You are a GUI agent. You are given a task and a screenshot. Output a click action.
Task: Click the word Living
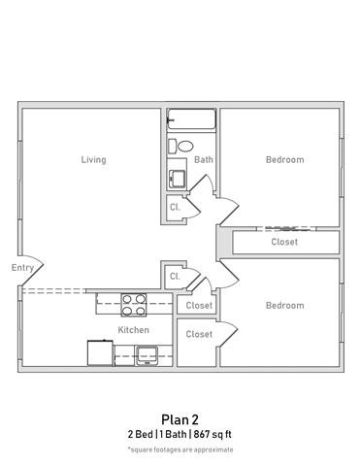click(93, 160)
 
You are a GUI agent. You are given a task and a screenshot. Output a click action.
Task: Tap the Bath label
click(203, 160)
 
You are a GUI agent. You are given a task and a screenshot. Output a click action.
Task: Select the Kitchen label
click(133, 330)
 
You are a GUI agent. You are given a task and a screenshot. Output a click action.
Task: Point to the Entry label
click(22, 268)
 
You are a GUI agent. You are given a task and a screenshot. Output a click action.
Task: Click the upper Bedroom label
click(284, 160)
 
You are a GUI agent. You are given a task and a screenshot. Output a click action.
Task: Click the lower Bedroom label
click(284, 306)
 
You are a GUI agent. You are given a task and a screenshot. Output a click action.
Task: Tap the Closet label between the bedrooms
click(284, 242)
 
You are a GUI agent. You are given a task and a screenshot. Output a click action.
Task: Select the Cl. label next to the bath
click(175, 208)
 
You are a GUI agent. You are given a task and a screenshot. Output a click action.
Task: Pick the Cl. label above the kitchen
click(175, 277)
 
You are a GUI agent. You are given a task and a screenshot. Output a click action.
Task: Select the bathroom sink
click(177, 180)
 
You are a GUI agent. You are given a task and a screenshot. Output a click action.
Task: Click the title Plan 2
click(180, 419)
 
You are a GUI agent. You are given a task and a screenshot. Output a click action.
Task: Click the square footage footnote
click(180, 449)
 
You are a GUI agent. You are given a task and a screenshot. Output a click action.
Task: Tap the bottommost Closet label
click(198, 334)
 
